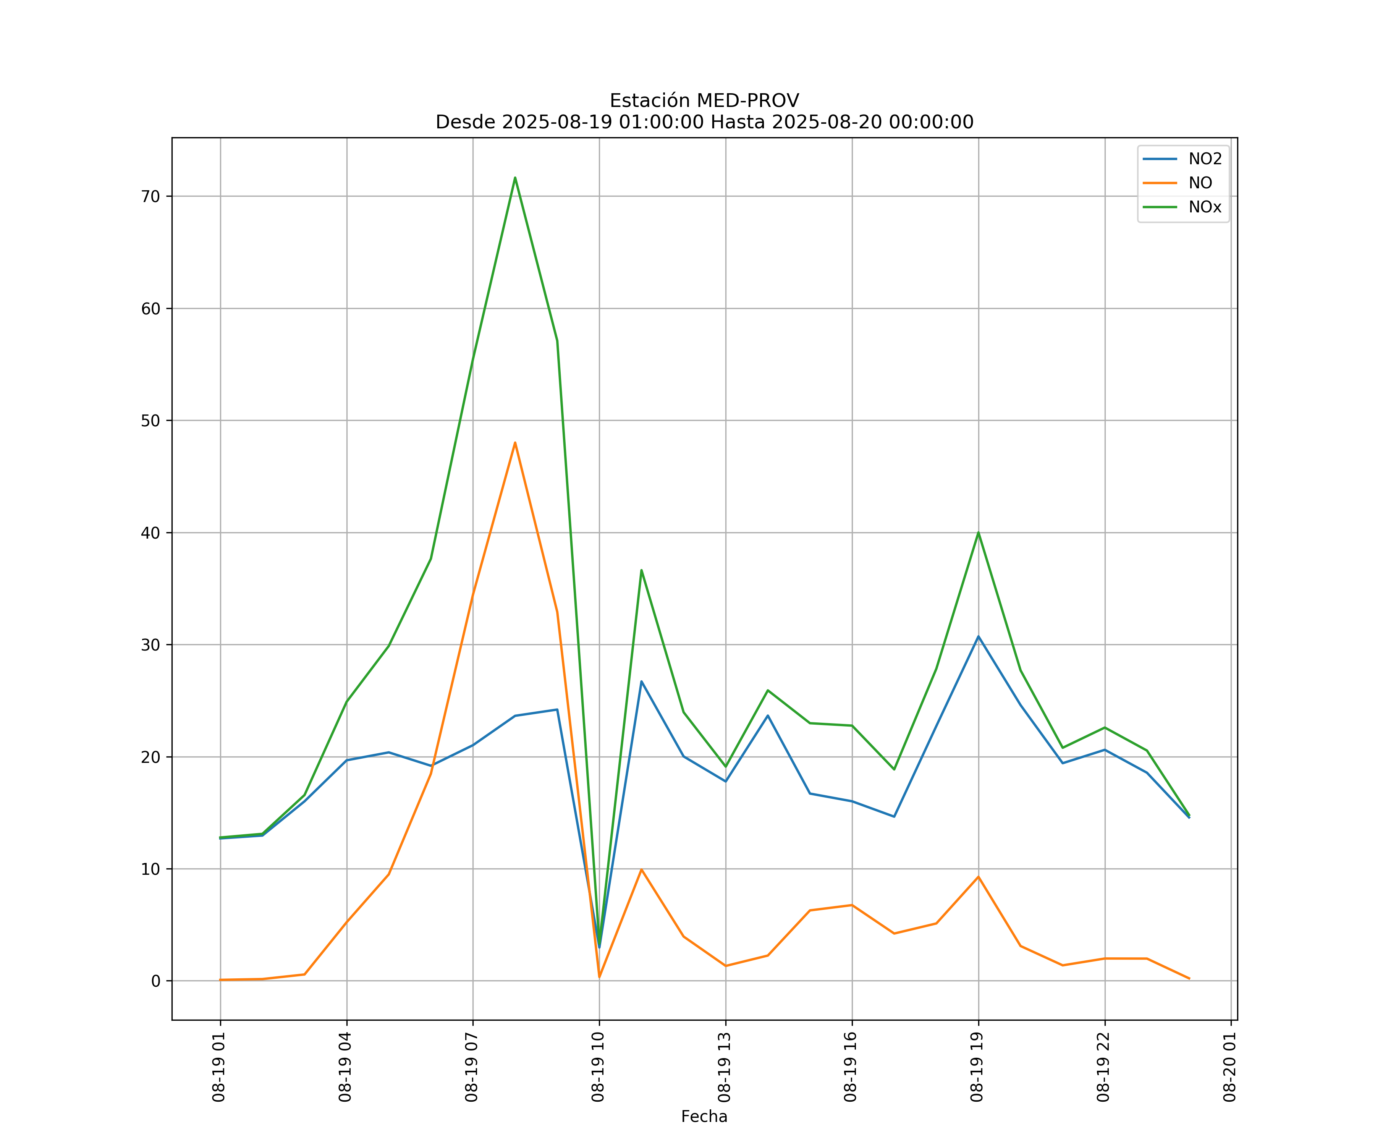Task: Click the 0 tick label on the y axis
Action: [156, 981]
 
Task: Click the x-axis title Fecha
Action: [704, 1117]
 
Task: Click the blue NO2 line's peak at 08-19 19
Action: [978, 636]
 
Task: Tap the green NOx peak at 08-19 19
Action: [978, 533]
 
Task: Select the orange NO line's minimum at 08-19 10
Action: [599, 977]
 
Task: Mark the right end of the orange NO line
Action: [1189, 978]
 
